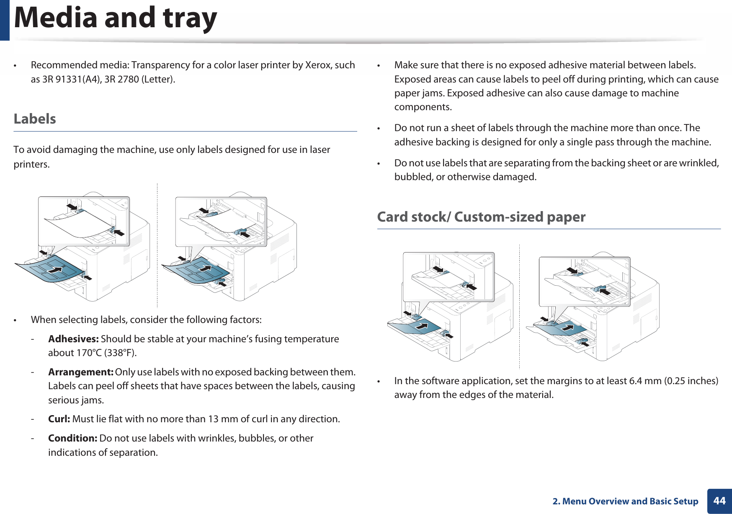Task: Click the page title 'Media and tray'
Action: coord(115,18)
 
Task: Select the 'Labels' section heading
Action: coord(35,119)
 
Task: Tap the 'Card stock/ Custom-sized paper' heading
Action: coord(481,217)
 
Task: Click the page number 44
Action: coord(719,501)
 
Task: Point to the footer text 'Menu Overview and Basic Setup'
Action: coord(630,501)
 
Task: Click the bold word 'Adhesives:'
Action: coord(73,339)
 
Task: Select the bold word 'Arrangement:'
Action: coord(80,372)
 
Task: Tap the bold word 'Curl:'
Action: coord(59,419)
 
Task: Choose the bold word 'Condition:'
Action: coord(72,438)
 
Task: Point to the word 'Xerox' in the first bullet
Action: coord(318,65)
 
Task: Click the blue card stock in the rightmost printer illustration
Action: coord(561,329)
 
